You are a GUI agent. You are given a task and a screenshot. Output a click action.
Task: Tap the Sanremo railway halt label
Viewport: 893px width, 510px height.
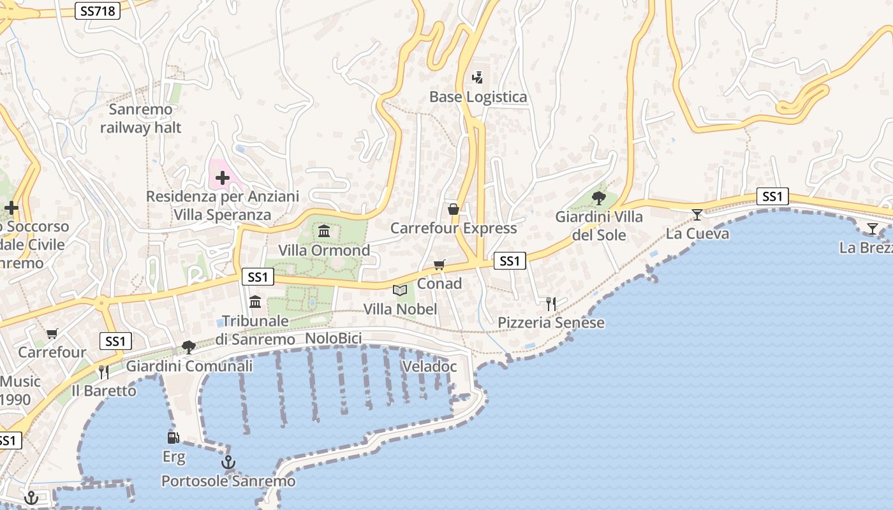(x=140, y=119)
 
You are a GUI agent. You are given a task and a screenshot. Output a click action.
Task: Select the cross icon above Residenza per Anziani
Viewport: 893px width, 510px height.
(x=222, y=178)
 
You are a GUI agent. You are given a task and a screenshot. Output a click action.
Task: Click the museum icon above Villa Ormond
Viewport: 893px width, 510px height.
(x=324, y=231)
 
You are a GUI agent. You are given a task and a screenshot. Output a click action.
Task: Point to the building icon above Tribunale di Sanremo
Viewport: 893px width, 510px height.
(x=255, y=302)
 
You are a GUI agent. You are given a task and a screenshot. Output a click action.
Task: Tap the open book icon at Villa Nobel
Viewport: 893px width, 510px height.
(x=400, y=291)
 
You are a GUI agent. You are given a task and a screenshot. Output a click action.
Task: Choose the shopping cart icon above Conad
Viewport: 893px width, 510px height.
(x=439, y=265)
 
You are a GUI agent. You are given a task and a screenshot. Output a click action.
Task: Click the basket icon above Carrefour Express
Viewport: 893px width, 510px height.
(x=454, y=209)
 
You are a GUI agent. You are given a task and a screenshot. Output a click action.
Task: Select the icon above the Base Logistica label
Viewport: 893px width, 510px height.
(x=477, y=78)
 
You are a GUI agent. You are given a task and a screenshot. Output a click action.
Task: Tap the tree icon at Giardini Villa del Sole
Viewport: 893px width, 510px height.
(x=598, y=198)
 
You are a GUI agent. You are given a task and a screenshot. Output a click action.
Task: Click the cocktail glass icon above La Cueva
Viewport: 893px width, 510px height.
(x=697, y=215)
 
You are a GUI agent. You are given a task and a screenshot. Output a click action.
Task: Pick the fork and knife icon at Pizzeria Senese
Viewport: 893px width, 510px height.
(x=551, y=304)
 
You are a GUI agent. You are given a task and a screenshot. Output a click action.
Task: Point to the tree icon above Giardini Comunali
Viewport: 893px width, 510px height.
(x=188, y=347)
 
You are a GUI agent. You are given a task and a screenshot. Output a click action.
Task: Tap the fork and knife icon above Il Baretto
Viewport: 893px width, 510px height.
(x=103, y=372)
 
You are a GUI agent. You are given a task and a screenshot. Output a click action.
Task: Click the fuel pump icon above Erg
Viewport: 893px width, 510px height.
(x=173, y=437)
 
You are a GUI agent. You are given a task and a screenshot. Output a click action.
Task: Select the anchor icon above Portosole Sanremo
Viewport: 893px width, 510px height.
(x=228, y=462)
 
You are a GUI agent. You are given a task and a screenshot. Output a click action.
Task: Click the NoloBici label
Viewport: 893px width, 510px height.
(x=333, y=339)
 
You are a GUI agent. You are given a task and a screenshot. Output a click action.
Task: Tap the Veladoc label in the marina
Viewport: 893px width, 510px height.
(x=429, y=367)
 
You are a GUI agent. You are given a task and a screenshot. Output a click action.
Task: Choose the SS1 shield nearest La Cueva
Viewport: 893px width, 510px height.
(x=772, y=196)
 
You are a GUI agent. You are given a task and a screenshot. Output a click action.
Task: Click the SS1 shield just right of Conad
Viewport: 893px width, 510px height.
(x=510, y=260)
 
